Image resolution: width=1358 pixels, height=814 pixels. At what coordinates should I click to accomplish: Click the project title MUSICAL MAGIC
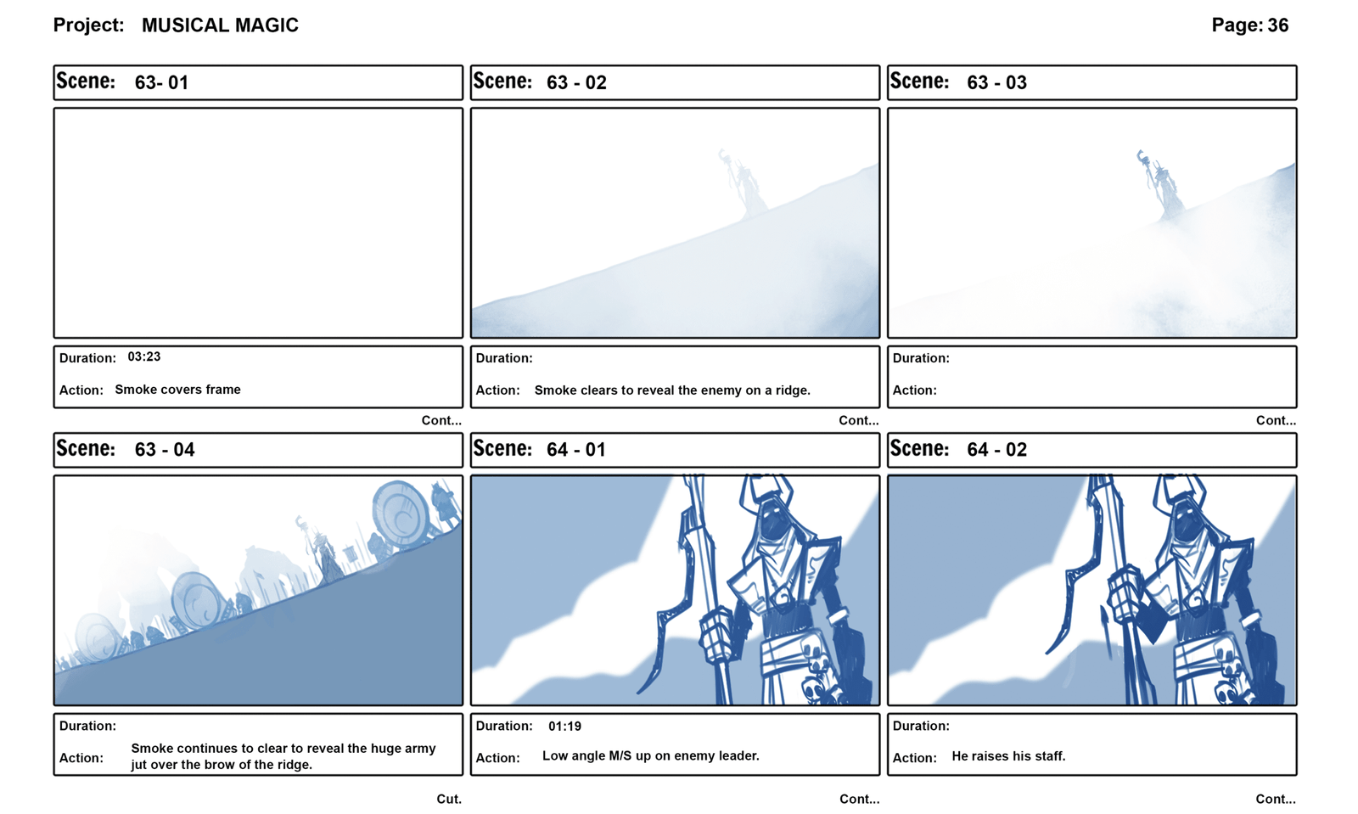(220, 25)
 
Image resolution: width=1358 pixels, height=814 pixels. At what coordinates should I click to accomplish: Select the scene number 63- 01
(161, 82)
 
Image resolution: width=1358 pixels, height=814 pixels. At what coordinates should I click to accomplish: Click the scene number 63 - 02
(576, 82)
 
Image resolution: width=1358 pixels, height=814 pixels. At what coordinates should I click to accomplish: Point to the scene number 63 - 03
(996, 82)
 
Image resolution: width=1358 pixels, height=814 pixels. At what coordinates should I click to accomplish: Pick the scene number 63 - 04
(165, 450)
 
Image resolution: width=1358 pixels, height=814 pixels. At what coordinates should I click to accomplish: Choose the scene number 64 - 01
(576, 450)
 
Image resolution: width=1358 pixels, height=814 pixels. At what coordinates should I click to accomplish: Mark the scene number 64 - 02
(996, 450)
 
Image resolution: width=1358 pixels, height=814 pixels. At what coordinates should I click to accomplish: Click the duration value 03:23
(143, 356)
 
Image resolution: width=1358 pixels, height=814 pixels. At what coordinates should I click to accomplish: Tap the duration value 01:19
(564, 726)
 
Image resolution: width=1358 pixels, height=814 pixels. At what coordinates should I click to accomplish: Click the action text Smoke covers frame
(177, 389)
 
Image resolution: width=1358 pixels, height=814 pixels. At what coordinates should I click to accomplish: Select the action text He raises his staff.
(1008, 755)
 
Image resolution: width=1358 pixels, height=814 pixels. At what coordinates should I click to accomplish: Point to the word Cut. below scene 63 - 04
(449, 799)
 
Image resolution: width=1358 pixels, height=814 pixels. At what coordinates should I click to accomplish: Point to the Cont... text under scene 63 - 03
(1276, 420)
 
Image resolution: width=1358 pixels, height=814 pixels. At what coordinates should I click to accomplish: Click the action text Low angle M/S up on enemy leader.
(650, 755)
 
